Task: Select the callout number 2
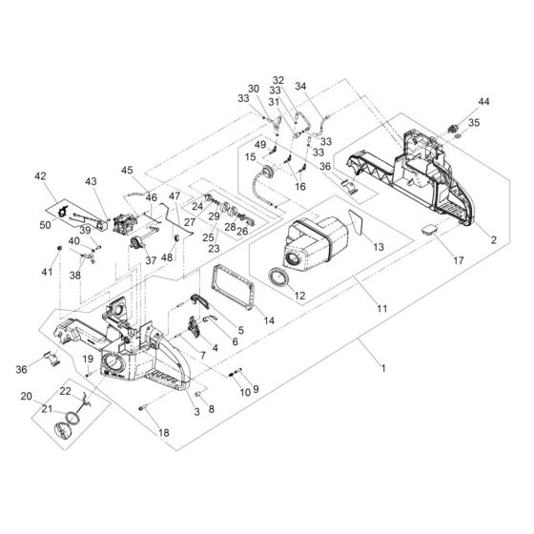click(493, 240)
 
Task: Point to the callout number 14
click(270, 321)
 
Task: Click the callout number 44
click(483, 100)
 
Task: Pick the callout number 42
click(39, 176)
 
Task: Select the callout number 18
click(163, 433)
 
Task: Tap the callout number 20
click(27, 396)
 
